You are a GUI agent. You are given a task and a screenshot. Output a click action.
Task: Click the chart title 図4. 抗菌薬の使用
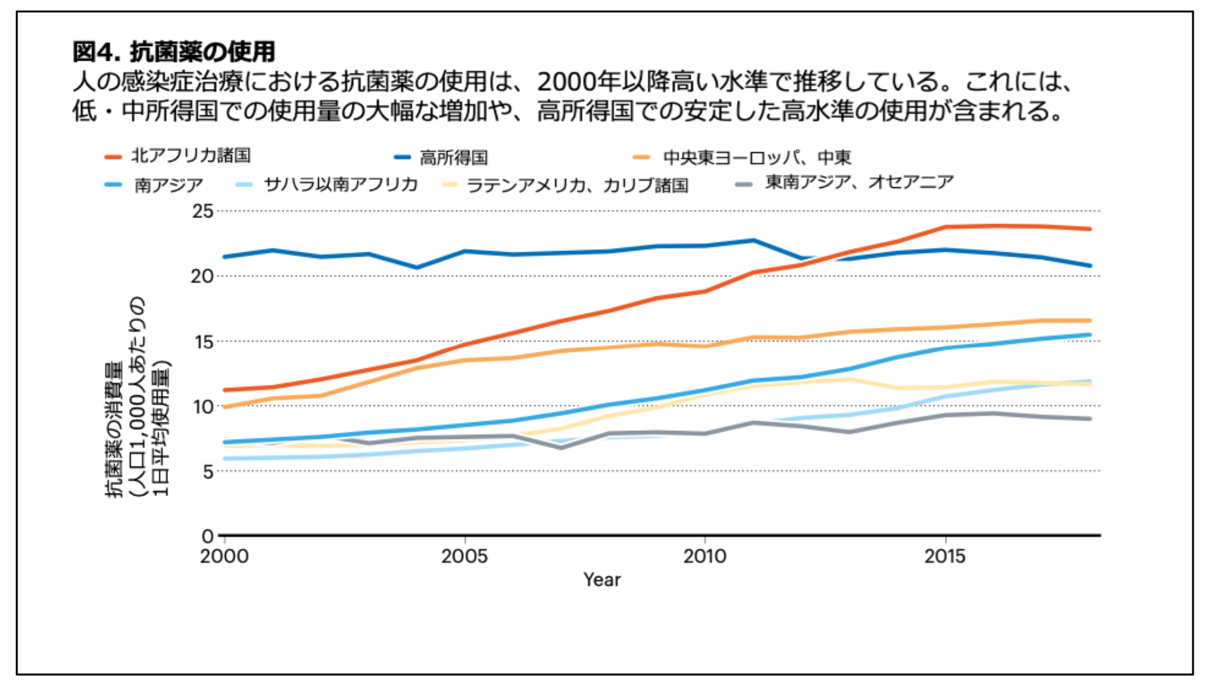pos(174,51)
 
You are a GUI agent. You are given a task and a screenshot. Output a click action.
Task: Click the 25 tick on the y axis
pos(203,212)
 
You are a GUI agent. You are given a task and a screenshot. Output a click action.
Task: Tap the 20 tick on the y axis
pos(203,276)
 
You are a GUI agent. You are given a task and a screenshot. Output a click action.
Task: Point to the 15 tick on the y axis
pos(203,341)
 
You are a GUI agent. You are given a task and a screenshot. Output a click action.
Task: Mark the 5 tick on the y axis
pos(208,471)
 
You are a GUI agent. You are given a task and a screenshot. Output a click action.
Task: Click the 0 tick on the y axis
pos(208,536)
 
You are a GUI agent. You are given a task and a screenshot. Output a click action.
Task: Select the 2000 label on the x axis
pos(225,556)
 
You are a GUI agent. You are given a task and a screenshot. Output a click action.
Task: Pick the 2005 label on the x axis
pos(465,556)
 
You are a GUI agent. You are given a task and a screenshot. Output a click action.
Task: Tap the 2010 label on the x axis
pos(705,556)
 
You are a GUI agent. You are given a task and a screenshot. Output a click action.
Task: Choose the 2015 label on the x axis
pos(945,556)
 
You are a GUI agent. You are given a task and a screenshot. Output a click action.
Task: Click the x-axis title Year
pos(602,580)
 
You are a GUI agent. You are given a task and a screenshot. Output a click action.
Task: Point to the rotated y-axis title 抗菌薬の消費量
pos(115,428)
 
